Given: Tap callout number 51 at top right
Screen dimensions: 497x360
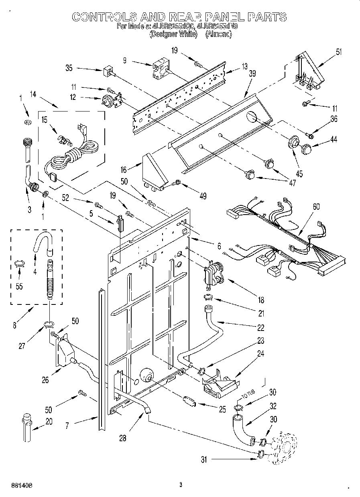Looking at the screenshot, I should pos(339,51).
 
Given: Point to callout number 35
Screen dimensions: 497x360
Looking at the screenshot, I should pos(69,68).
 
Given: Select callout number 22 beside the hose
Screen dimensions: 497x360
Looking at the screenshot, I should pos(260,328).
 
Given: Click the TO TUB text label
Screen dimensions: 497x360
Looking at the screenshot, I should pos(248,398).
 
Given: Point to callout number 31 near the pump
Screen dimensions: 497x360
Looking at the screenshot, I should pos(205,460).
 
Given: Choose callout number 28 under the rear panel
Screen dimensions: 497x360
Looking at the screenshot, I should pos(123,438).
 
